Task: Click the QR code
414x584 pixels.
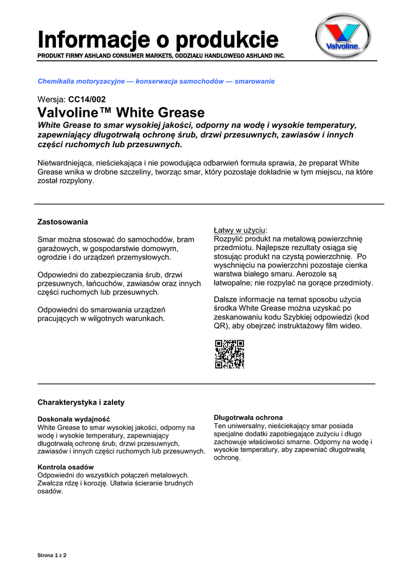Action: click(230, 354)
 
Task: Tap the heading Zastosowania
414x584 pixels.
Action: click(63, 221)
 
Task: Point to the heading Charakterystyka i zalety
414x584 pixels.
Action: click(81, 402)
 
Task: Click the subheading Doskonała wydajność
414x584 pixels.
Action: click(74, 419)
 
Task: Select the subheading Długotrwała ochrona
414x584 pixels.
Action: click(248, 417)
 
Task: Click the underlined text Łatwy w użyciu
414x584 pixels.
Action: click(240, 230)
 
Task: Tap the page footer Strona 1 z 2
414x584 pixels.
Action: click(52, 555)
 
